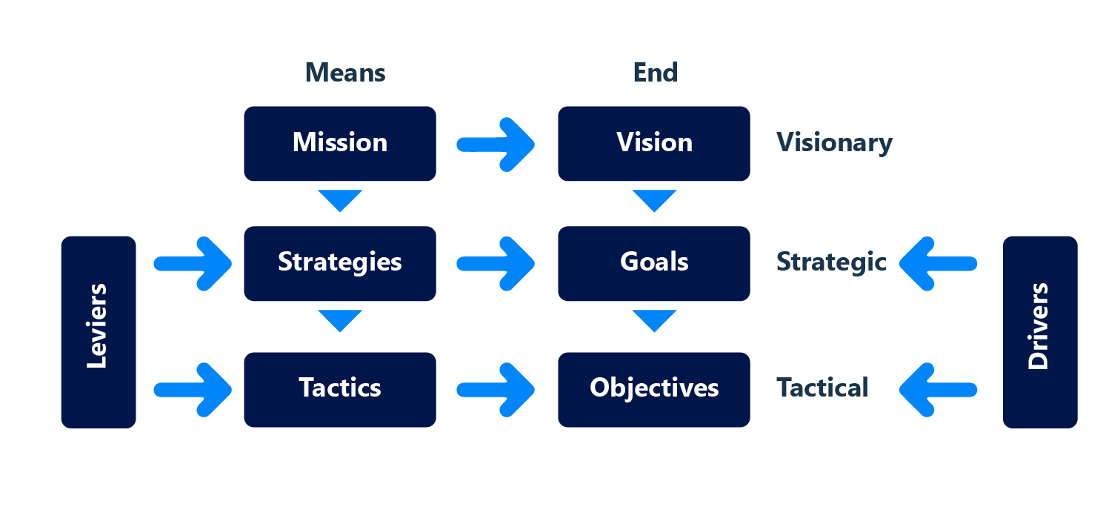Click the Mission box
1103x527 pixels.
tap(340, 143)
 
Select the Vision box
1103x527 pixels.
tap(654, 143)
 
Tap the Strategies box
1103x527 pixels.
tap(340, 263)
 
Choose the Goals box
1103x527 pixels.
tap(654, 263)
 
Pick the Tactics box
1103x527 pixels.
tap(340, 389)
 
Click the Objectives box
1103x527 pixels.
tap(654, 389)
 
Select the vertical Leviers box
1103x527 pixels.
tap(99, 331)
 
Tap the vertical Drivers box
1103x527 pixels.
tap(1040, 331)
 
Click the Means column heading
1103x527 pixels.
tap(345, 73)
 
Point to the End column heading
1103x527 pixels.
tap(656, 73)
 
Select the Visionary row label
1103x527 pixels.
tap(834, 143)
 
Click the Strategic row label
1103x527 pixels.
tap(830, 262)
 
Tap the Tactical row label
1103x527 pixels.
tap(822, 388)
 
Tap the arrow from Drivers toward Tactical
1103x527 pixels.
tap(938, 389)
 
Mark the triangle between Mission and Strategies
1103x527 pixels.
tap(340, 199)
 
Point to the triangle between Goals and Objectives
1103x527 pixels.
tap(654, 319)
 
